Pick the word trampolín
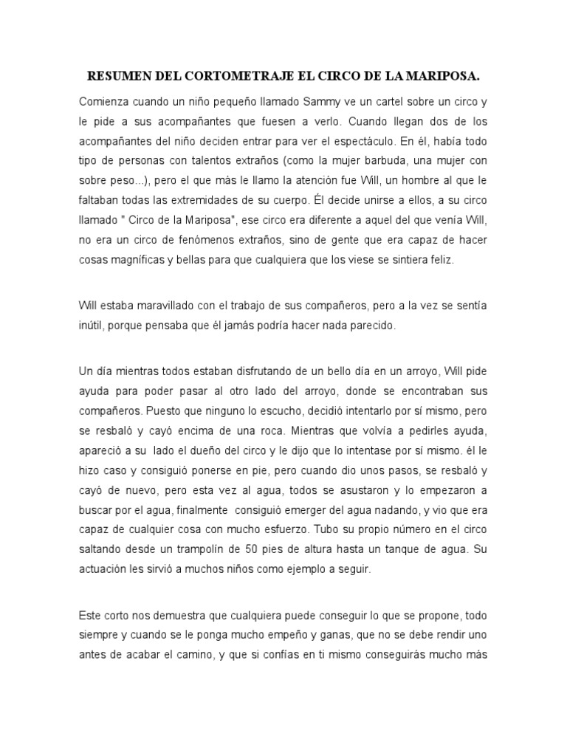(x=209, y=550)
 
